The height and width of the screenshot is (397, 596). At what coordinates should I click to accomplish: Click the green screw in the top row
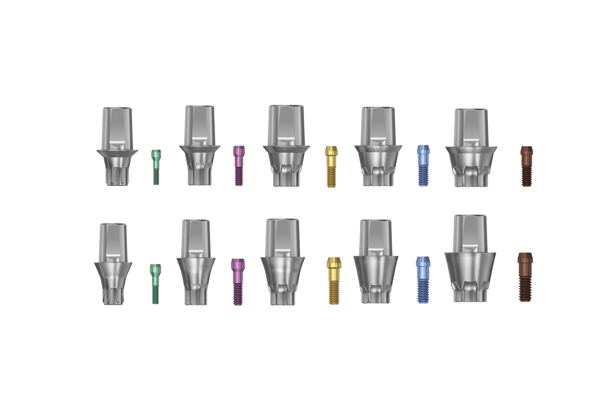[156, 167]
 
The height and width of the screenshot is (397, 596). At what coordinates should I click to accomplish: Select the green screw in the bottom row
[155, 284]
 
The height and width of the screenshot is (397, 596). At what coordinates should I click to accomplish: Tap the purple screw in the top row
[239, 165]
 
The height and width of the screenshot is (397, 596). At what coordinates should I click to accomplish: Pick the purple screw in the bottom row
[238, 282]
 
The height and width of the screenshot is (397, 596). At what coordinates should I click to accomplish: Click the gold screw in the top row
[331, 166]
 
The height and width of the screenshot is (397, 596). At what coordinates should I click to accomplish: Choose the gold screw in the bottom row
[334, 281]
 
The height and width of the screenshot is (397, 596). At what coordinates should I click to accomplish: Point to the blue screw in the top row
[423, 165]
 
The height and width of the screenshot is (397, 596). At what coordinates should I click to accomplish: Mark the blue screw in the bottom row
[422, 280]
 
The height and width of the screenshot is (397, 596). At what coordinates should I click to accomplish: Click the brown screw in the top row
[526, 166]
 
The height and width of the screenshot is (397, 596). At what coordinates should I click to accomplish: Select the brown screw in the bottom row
[525, 277]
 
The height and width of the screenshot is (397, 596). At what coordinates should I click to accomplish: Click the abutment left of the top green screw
[117, 147]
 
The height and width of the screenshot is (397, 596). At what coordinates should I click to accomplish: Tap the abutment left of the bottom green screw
[113, 264]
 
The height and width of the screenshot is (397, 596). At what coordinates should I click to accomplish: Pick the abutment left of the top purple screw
[199, 145]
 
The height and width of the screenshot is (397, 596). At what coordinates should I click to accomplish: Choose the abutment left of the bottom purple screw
[196, 263]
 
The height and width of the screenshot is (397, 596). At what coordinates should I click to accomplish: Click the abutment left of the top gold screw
[286, 146]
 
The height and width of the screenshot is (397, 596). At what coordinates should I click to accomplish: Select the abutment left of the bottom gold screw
[283, 262]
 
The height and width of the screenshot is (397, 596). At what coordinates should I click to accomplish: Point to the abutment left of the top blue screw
[378, 147]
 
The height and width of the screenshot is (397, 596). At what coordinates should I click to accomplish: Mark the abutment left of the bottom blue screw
[375, 262]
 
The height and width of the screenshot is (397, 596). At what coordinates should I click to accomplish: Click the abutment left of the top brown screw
[471, 148]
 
